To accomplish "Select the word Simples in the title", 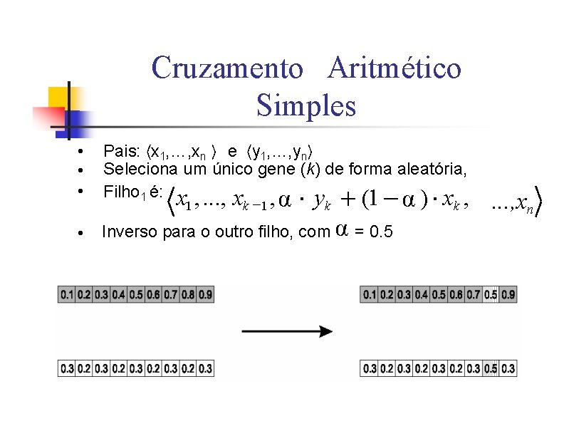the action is tap(305, 107).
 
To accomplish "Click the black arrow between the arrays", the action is tap(287, 331).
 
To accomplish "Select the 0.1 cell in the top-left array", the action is tap(66, 294).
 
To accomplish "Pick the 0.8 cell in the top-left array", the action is tap(188, 294).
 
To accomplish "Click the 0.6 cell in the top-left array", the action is tap(153, 294).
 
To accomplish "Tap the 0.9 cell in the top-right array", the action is tap(508, 294).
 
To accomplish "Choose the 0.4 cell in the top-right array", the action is tap(421, 294).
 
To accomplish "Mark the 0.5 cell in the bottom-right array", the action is tap(491, 368).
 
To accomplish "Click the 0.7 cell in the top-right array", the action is tap(473, 294).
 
